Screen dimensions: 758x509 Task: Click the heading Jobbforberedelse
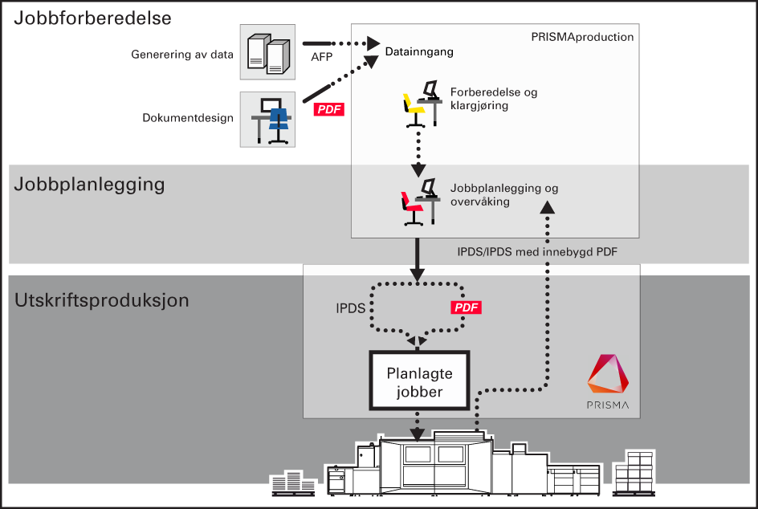(92, 18)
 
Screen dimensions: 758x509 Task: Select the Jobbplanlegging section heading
(89, 185)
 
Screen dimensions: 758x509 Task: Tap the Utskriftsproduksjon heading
(101, 300)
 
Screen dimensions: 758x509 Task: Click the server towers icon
(268, 52)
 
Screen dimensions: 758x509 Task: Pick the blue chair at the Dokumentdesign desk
(279, 124)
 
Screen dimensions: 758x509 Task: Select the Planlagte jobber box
(419, 381)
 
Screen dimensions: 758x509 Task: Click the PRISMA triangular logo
(608, 373)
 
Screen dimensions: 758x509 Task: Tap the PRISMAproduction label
(582, 37)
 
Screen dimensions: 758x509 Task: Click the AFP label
(321, 57)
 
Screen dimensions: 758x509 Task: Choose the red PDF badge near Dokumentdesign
(329, 109)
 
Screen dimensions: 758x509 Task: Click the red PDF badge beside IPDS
(466, 307)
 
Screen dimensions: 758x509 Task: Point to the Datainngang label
(419, 51)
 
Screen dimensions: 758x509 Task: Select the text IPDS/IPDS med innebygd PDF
(537, 252)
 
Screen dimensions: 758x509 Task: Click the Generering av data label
(182, 55)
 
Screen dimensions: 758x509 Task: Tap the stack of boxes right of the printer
(634, 473)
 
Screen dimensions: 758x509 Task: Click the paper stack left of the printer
(293, 483)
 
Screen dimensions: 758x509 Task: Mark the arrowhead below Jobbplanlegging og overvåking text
(548, 207)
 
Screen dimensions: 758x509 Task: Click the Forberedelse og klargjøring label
(494, 99)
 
